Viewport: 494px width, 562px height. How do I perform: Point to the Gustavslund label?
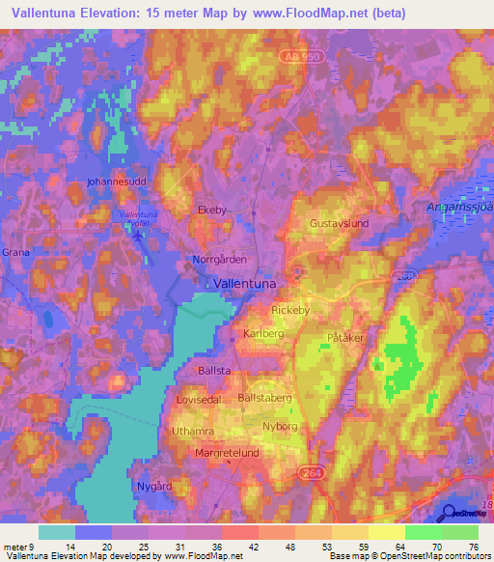340,223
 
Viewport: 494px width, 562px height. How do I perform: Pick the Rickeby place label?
290,310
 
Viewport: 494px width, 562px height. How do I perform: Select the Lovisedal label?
200,398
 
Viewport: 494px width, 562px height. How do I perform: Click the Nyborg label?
279,424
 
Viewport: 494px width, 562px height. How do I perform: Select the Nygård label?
154,486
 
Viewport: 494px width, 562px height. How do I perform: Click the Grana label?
16,252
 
